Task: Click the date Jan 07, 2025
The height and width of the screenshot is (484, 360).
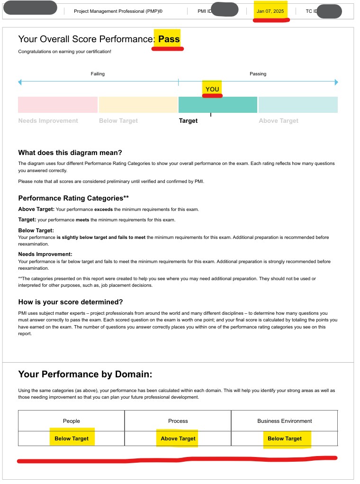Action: [x=270, y=11]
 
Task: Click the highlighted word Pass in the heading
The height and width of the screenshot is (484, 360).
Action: [x=169, y=39]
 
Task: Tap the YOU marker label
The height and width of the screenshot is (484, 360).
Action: [x=212, y=89]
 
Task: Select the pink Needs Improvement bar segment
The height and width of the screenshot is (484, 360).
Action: [x=58, y=105]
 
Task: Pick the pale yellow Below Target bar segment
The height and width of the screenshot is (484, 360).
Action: [x=138, y=105]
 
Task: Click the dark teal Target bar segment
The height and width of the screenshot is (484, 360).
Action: [x=218, y=105]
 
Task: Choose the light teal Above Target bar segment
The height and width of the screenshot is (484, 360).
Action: [x=298, y=105]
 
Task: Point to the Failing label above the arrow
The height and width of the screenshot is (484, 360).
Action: [x=98, y=74]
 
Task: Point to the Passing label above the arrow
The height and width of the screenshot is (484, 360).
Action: [x=258, y=74]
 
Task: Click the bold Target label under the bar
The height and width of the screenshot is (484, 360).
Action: [x=188, y=121]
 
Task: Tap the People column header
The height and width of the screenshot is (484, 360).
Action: [x=72, y=421]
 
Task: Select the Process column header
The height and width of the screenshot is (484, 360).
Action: [x=178, y=421]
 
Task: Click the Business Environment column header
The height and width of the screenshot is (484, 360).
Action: [x=285, y=421]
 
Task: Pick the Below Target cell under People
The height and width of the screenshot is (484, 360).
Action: [x=72, y=438]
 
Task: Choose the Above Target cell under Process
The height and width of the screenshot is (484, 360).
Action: [x=178, y=438]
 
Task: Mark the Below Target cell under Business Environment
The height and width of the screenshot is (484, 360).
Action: [x=285, y=438]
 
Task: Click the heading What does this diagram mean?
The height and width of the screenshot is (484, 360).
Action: [x=70, y=153]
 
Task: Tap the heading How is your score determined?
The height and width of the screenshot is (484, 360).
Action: [x=71, y=302]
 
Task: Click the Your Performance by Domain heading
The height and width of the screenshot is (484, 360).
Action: [x=85, y=374]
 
